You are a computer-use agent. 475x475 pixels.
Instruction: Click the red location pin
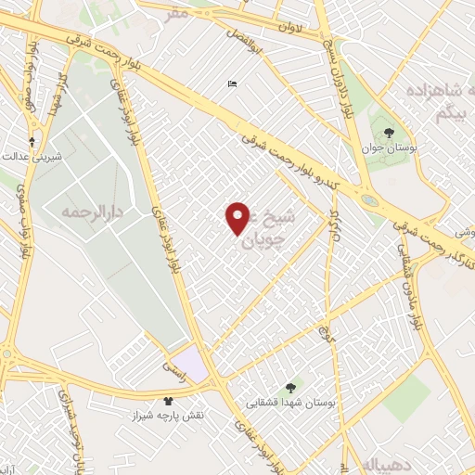[x=237, y=217]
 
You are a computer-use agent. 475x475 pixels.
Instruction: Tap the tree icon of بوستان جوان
[x=389, y=133]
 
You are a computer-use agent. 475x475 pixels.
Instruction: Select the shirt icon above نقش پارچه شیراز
[x=168, y=401]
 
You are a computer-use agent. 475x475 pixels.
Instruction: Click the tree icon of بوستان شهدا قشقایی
[x=290, y=386]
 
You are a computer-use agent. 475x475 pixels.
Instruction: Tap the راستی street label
[x=174, y=369]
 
